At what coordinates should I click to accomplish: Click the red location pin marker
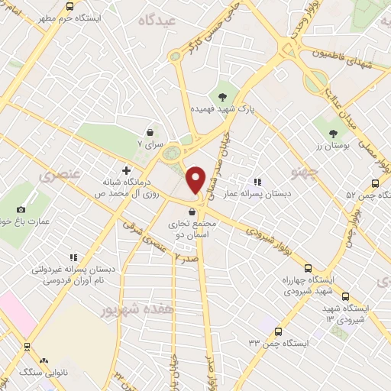pos(196,179)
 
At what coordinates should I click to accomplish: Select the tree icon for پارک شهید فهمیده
pos(222,96)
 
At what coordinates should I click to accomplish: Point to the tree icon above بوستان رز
pos(332,134)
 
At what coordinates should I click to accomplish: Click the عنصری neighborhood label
pos(54,176)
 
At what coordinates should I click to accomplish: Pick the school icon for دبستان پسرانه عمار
pos(258,182)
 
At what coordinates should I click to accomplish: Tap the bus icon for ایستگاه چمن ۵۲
pos(374,183)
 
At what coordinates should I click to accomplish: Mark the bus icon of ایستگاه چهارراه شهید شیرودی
pos(308,268)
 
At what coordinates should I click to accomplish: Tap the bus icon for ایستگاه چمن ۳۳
pos(278,331)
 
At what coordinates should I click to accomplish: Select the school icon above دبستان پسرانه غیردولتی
pos(73,258)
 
